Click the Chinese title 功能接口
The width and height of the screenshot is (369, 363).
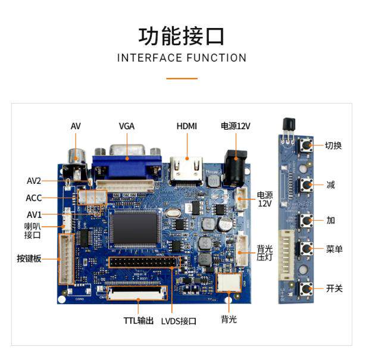tap(182, 36)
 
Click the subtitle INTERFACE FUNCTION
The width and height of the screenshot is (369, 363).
tap(182, 58)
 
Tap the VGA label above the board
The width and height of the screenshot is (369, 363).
tap(126, 126)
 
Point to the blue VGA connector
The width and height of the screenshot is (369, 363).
tap(126, 159)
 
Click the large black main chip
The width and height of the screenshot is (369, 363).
tap(135, 229)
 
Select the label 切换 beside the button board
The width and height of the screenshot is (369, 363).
tap(333, 145)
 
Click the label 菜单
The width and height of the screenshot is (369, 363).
tap(334, 249)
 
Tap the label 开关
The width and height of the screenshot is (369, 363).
tap(334, 289)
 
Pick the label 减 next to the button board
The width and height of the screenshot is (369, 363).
tap(330, 184)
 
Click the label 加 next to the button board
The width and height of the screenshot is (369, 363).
tap(330, 220)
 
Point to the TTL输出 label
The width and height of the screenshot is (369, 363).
tap(139, 321)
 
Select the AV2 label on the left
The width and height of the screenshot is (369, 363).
tap(34, 181)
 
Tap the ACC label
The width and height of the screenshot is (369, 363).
tap(34, 198)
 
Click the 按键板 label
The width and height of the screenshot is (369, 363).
tap(29, 259)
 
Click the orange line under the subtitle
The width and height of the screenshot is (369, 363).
tap(182, 78)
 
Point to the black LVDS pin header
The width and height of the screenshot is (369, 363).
tap(142, 262)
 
